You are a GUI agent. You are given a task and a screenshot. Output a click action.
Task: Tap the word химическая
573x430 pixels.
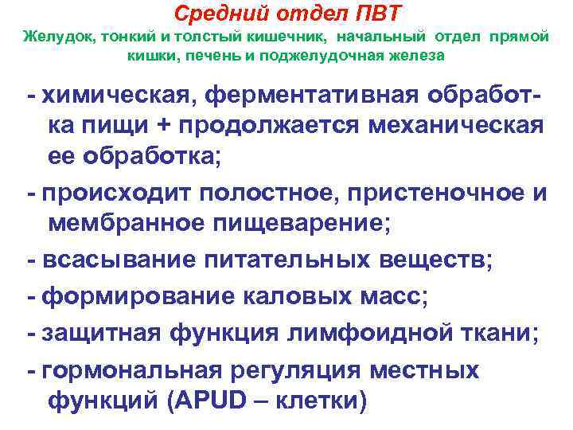[120, 96]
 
